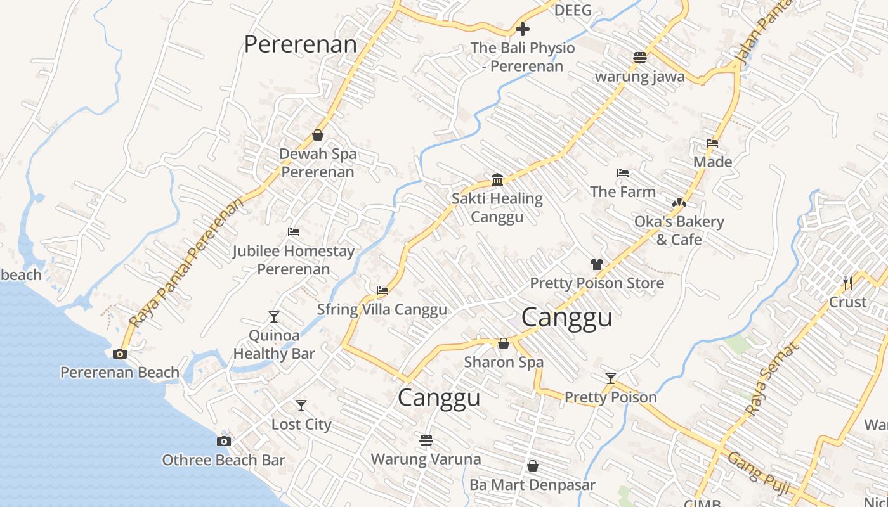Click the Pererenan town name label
(x=300, y=44)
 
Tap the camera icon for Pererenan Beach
(x=119, y=354)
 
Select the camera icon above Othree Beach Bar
(x=223, y=441)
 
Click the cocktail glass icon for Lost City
(x=301, y=406)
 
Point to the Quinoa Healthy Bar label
(x=273, y=344)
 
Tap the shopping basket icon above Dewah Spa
(x=318, y=135)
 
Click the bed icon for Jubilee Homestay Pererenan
(x=293, y=232)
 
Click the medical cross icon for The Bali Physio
(x=523, y=29)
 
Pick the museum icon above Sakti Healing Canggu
(x=497, y=179)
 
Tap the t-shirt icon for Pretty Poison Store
(x=596, y=264)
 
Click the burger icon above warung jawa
(x=639, y=58)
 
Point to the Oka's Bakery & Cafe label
(x=679, y=230)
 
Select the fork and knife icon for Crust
(x=847, y=283)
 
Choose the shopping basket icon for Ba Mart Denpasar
(x=533, y=466)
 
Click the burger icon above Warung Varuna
(x=426, y=440)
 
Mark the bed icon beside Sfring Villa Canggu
(x=382, y=291)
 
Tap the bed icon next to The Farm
(x=623, y=173)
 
